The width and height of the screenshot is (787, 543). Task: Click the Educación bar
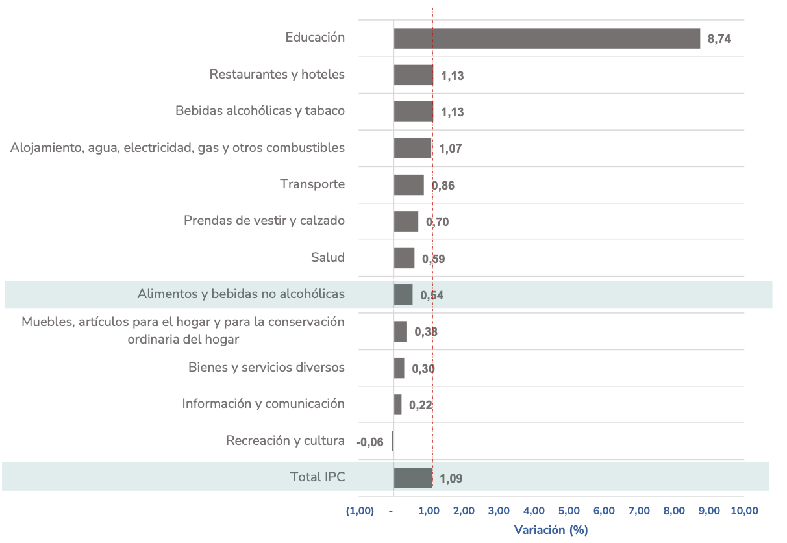(547, 38)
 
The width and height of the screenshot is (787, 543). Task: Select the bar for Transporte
(409, 184)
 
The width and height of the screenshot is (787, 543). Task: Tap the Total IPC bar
(413, 477)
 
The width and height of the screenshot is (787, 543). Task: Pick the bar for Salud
(404, 258)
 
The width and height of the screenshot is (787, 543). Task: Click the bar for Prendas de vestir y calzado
(406, 221)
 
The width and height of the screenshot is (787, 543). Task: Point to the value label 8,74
(719, 39)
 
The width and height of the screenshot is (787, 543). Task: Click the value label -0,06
(370, 443)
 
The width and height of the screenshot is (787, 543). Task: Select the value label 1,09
(451, 479)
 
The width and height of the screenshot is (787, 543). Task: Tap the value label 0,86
(443, 186)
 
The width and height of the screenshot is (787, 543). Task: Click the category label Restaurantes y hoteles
(277, 74)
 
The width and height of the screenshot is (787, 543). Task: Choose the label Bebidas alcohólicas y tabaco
(260, 110)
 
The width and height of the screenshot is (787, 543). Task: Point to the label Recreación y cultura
(285, 440)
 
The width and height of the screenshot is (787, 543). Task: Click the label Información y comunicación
(263, 403)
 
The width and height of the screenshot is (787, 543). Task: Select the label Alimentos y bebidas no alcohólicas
(241, 294)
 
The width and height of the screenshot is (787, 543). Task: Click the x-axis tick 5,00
(569, 511)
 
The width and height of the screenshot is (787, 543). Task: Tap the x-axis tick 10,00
(744, 511)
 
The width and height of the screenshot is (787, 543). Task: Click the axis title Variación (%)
(551, 530)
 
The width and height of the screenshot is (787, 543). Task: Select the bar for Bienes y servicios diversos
(399, 368)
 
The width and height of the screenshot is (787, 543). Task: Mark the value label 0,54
(432, 296)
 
